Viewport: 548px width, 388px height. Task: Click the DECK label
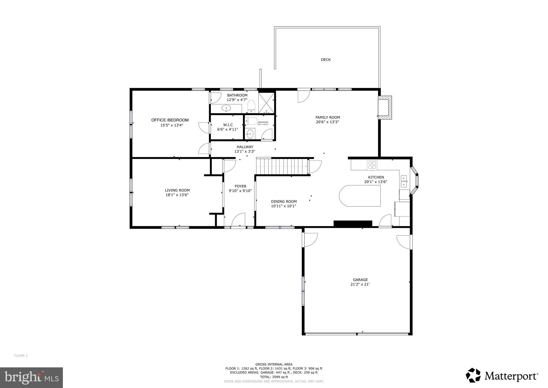pyautogui.click(x=326, y=59)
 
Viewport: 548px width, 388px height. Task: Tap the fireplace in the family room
pyautogui.click(x=385, y=107)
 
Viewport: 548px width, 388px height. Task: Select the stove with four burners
pyautogui.click(x=372, y=165)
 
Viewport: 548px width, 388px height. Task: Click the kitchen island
pyautogui.click(x=360, y=196)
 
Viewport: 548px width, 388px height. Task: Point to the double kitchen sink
pyautogui.click(x=404, y=181)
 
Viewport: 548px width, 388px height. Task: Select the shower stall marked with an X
pyautogui.click(x=266, y=103)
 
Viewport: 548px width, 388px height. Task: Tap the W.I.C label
pyautogui.click(x=228, y=125)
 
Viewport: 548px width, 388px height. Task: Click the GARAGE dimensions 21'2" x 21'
pyautogui.click(x=360, y=284)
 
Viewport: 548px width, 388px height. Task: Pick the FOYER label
pyautogui.click(x=240, y=186)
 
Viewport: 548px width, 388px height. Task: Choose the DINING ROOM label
pyautogui.click(x=284, y=202)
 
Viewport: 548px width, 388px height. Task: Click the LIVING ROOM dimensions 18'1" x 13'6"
pyautogui.click(x=177, y=195)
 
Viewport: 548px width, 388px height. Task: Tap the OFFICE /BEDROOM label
pyautogui.click(x=170, y=120)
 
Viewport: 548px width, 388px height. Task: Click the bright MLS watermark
pyautogui.click(x=31, y=378)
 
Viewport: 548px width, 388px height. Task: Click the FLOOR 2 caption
pyautogui.click(x=21, y=356)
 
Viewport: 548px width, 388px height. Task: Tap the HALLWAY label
pyautogui.click(x=245, y=147)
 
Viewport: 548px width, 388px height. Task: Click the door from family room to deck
pyautogui.click(x=304, y=96)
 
